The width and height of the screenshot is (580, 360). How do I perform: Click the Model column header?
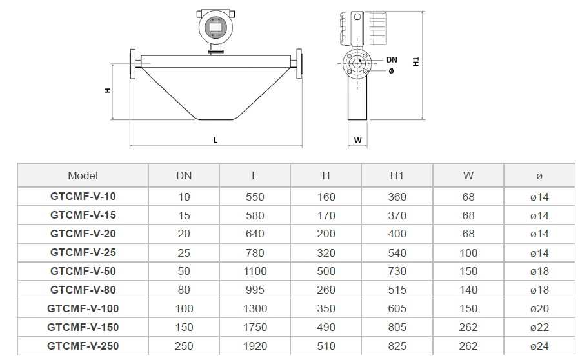click(x=83, y=175)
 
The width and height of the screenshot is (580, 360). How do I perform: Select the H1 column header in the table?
click(x=397, y=175)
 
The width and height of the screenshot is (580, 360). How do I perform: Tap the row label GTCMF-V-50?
click(x=83, y=271)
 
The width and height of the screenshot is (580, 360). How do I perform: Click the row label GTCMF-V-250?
click(x=83, y=346)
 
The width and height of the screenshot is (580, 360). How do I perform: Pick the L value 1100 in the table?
click(x=255, y=271)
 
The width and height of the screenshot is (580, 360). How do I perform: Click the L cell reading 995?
click(x=255, y=290)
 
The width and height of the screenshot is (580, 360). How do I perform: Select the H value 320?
click(x=326, y=253)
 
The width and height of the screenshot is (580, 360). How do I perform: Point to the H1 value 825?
click(x=397, y=346)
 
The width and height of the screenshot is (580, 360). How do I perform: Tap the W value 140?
click(x=468, y=290)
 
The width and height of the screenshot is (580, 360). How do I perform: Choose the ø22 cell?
click(x=539, y=328)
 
